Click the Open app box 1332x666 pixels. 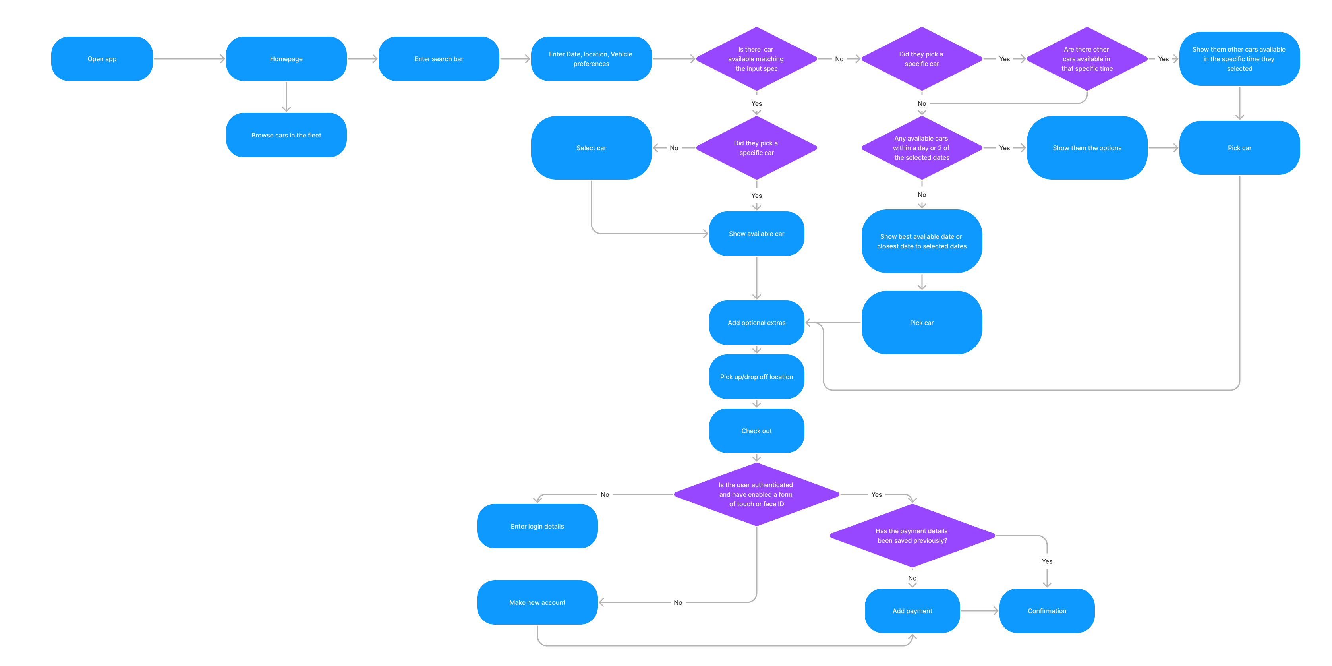click(102, 59)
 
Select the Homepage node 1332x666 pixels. click(286, 59)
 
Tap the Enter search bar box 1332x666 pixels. click(439, 59)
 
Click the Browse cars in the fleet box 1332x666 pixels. click(286, 135)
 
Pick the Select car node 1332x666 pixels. click(591, 148)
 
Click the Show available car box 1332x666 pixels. click(756, 234)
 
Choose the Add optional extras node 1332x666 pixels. click(756, 323)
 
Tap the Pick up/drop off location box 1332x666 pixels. click(756, 377)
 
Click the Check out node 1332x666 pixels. click(756, 431)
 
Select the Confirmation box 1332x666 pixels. click(1046, 611)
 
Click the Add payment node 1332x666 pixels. click(912, 611)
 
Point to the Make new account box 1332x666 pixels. click(537, 602)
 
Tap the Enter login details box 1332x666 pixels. click(537, 526)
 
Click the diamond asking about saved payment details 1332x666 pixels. click(912, 536)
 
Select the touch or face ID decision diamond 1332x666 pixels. click(756, 494)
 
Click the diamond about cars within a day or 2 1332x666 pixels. click(922, 148)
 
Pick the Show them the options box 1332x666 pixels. click(1087, 148)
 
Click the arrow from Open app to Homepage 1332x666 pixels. click(189, 59)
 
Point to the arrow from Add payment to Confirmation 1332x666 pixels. click(979, 611)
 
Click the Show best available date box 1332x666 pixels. click(922, 241)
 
